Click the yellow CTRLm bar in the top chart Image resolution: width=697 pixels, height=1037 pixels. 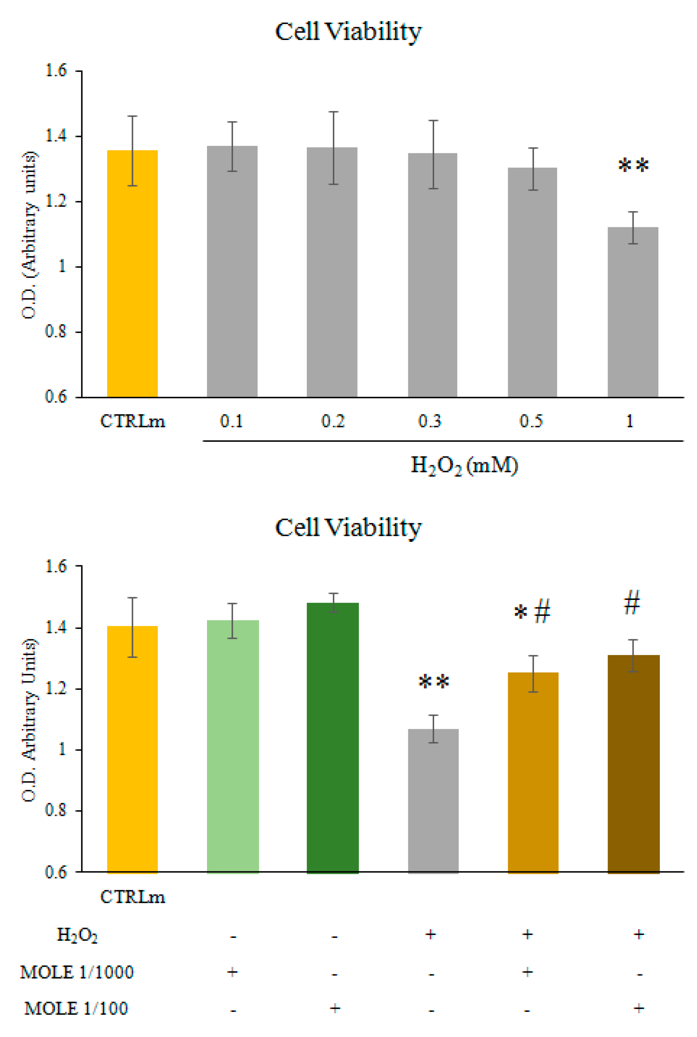point(132,274)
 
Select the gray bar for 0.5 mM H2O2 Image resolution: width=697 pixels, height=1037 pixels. point(532,282)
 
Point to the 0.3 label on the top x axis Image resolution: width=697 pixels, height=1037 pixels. point(430,421)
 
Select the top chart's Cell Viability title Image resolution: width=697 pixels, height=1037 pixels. point(348,31)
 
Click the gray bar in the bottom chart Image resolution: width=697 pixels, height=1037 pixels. point(433,801)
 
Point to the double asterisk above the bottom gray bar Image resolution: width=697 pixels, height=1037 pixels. point(434,681)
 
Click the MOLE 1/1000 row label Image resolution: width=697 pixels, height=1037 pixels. point(77,972)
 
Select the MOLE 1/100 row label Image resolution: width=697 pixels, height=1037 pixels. point(76,1008)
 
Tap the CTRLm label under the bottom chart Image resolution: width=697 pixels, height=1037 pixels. point(132,897)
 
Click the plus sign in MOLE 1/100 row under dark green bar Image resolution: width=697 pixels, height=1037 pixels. point(335,1008)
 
